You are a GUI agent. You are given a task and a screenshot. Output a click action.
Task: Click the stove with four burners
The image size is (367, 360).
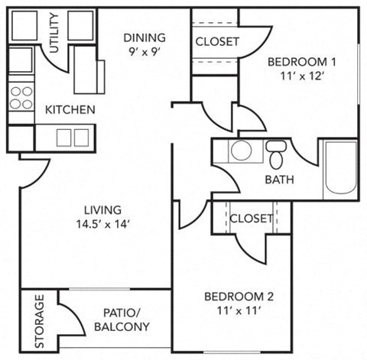21,97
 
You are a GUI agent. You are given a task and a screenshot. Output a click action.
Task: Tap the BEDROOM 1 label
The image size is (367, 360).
300,60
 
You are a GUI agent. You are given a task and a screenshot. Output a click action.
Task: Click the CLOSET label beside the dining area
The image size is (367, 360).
217,41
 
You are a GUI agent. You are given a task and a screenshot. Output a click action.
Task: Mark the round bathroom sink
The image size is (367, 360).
242,151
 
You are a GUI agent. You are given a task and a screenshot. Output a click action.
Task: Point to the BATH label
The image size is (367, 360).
278,181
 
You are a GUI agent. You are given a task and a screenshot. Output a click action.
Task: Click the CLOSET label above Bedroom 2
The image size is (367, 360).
251,219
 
